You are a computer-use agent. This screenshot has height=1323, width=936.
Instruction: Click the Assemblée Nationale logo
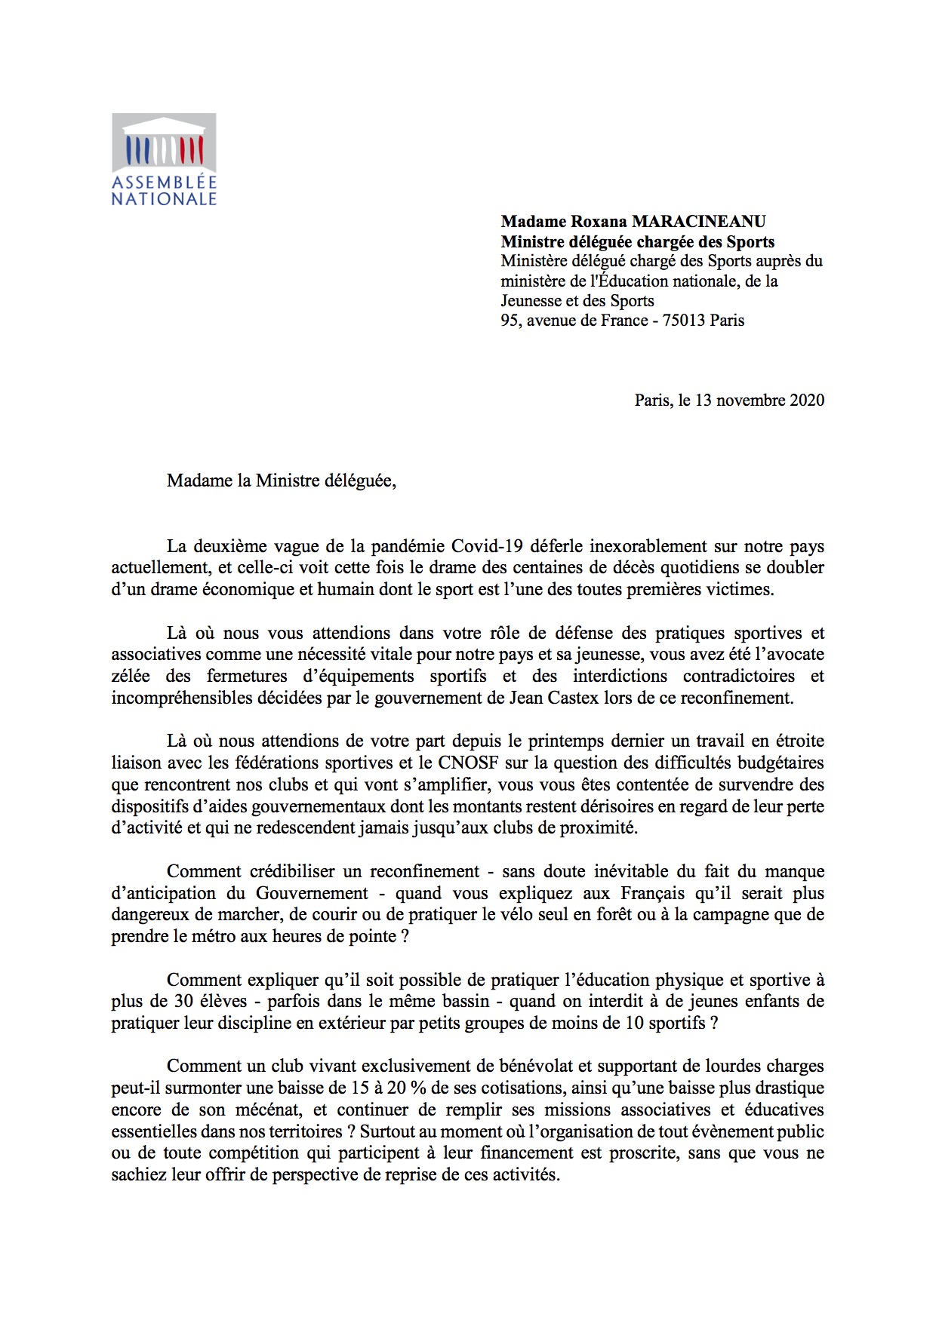pos(164,159)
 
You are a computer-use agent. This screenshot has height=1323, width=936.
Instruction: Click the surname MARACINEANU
pos(698,222)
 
